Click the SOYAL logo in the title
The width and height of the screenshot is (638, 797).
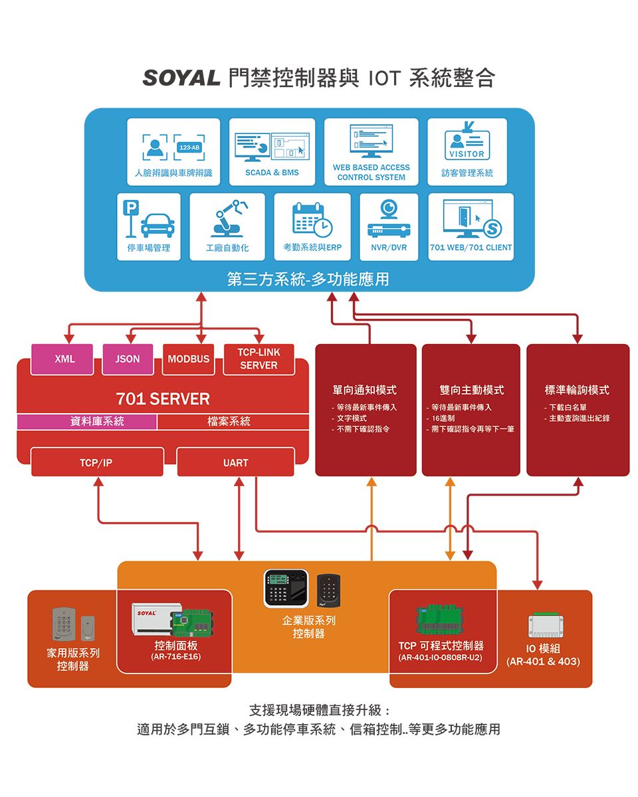pos(181,78)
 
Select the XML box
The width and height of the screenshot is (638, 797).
pos(64,359)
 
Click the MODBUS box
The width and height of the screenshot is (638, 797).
pos(189,359)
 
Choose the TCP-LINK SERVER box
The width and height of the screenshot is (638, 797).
pos(259,359)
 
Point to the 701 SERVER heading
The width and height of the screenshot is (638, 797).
pos(163,398)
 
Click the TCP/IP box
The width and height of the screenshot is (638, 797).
pos(97,462)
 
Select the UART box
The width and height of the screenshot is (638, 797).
pos(235,462)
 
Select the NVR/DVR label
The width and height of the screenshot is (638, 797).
pos(389,248)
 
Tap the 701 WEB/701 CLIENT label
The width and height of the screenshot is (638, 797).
pos(471,248)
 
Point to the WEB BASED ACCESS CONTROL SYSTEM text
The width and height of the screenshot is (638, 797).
pos(371,173)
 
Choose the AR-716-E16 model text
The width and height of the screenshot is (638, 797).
pos(175,658)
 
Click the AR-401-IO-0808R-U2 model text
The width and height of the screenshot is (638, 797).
pos(441,658)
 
